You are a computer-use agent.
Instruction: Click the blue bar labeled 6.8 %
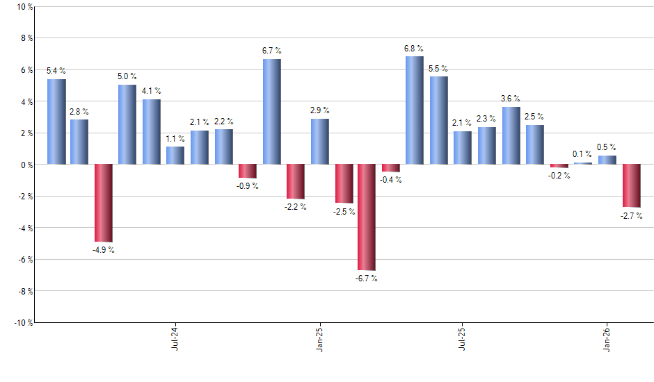click(414, 110)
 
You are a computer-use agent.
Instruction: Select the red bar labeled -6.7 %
click(367, 217)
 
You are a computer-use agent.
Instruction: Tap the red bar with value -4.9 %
click(104, 203)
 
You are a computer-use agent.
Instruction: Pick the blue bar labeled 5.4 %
click(56, 122)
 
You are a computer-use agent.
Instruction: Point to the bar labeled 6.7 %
click(272, 112)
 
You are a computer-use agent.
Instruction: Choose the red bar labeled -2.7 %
click(631, 185)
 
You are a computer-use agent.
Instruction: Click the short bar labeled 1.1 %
click(175, 156)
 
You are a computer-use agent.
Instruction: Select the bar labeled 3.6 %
click(511, 135)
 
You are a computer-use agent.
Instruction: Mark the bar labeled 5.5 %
click(438, 120)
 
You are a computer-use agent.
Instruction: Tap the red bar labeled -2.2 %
click(296, 181)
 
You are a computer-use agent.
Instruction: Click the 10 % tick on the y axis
click(23, 7)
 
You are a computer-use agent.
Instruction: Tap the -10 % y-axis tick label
click(21, 322)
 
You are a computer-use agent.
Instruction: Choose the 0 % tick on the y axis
click(25, 165)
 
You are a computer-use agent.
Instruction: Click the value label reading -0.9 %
click(247, 186)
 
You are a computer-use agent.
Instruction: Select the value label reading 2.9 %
click(320, 110)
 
